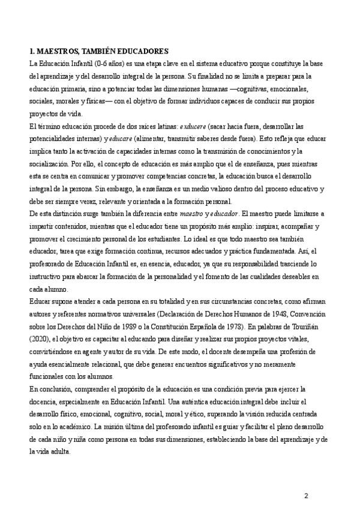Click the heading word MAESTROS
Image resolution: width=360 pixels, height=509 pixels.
(x=59, y=52)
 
